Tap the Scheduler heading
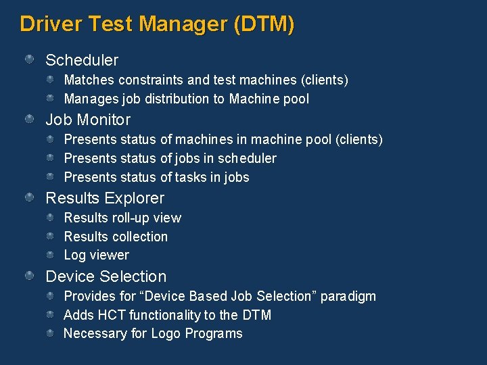coord(81,60)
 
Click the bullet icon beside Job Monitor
coord(30,120)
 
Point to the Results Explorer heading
coord(105,198)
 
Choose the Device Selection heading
coord(106,276)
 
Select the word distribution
coord(177,99)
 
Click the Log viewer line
coord(96,255)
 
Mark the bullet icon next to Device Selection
coord(30,276)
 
